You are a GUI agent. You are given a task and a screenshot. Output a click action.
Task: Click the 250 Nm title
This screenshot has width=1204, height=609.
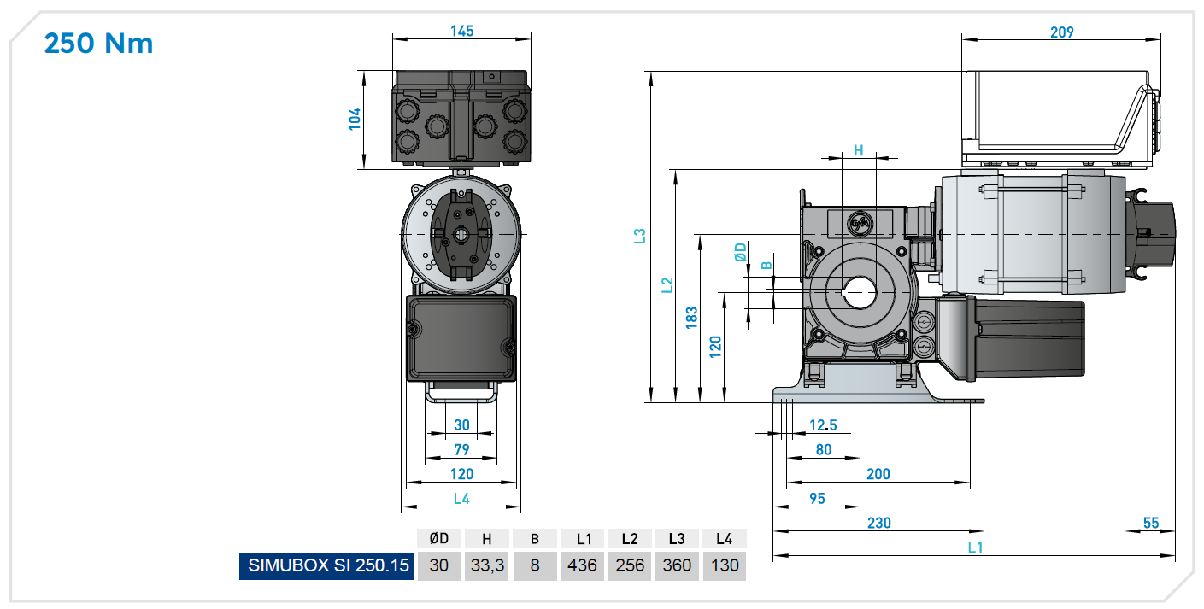pyautogui.click(x=98, y=43)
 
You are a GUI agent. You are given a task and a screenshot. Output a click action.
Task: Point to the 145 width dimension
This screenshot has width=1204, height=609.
pyautogui.click(x=461, y=31)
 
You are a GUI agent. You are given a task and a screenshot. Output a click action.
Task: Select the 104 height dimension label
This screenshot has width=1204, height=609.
pyautogui.click(x=355, y=119)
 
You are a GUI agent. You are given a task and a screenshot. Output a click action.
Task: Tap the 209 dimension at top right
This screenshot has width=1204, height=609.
pyautogui.click(x=1061, y=32)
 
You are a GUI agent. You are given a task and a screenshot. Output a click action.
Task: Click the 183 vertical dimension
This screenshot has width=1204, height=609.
pyautogui.click(x=692, y=317)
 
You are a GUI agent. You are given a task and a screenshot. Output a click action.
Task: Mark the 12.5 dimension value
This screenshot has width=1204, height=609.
pyautogui.click(x=823, y=425)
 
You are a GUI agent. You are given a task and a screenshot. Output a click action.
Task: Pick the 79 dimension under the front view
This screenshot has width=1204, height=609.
pyautogui.click(x=461, y=449)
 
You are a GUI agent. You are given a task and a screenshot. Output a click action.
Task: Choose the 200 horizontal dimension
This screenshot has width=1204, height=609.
pyautogui.click(x=878, y=474)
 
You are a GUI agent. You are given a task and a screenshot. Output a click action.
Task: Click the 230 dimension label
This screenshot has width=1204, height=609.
pyautogui.click(x=878, y=523)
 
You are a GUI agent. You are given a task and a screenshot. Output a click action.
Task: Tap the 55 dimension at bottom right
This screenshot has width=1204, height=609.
pyautogui.click(x=1151, y=523)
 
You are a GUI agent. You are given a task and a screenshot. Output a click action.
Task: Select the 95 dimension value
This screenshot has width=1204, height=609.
pyautogui.click(x=817, y=498)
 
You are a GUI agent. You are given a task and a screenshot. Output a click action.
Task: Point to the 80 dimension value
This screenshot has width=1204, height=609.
pyautogui.click(x=824, y=449)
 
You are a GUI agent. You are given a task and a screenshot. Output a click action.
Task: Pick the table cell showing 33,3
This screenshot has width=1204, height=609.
pyautogui.click(x=487, y=565)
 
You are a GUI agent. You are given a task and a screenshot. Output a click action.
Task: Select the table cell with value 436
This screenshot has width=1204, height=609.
pyautogui.click(x=583, y=565)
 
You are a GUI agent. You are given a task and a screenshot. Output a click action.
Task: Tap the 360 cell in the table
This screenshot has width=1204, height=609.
pyautogui.click(x=677, y=565)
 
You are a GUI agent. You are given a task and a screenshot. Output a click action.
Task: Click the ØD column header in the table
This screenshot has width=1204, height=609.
pyautogui.click(x=439, y=539)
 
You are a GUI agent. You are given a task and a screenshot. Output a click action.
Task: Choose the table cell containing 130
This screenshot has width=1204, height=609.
pyautogui.click(x=724, y=565)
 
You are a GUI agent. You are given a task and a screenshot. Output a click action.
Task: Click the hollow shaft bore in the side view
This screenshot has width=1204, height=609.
pyautogui.click(x=860, y=293)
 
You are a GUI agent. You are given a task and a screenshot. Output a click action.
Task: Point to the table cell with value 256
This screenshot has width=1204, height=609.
pyautogui.click(x=630, y=565)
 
